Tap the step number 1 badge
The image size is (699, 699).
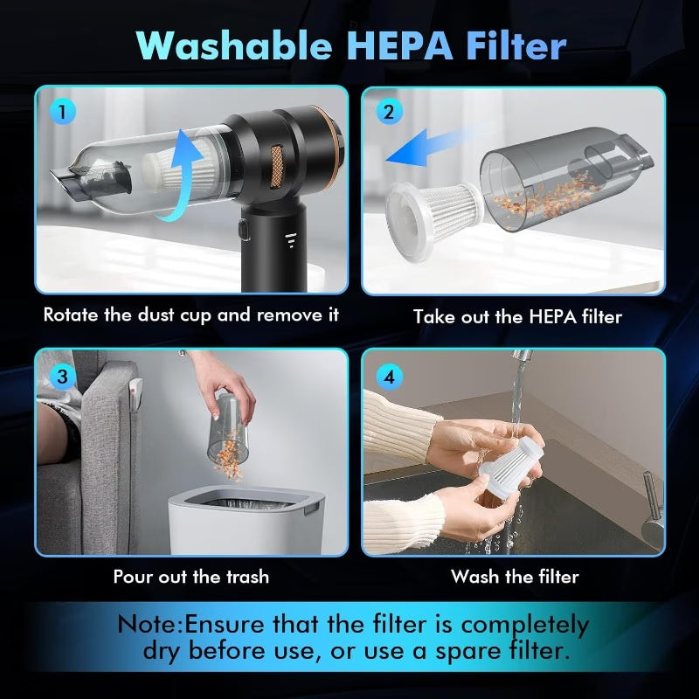pyautogui.click(x=62, y=112)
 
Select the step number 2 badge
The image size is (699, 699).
pyautogui.click(x=389, y=112)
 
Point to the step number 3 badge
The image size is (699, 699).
pyautogui.click(x=62, y=377)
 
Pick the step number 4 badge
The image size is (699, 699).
pyautogui.click(x=389, y=377)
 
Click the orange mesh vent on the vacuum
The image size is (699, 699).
pyautogui.click(x=277, y=166)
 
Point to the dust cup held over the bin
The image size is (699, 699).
pyautogui.click(x=228, y=430)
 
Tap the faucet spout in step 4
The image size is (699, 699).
pyautogui.click(x=522, y=356)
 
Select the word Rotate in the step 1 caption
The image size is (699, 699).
pyautogui.click(x=71, y=315)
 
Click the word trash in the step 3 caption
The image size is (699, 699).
pyautogui.click(x=248, y=577)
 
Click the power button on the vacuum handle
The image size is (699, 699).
pyautogui.click(x=245, y=230)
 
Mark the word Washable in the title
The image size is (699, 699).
pyautogui.click(x=234, y=45)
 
